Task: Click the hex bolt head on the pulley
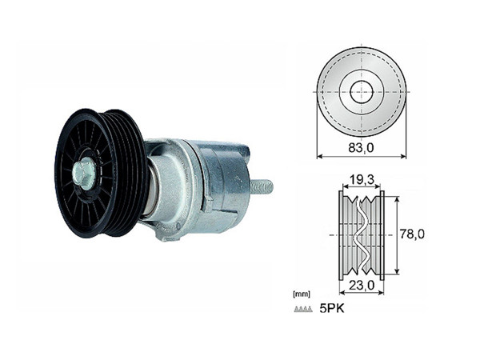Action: coord(84,173)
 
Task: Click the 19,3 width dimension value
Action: coord(362,181)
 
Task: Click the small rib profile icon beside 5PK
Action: coord(304,309)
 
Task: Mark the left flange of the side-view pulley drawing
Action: coord(342,235)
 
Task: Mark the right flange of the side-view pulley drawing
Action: coord(382,235)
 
